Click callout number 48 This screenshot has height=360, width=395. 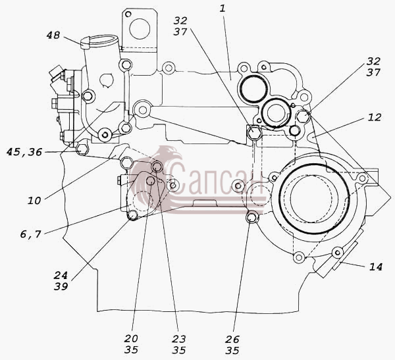(53, 35)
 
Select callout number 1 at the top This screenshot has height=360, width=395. (223, 9)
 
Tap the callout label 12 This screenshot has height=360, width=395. (375, 117)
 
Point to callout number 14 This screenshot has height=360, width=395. (376, 267)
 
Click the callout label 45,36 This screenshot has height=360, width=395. (24, 152)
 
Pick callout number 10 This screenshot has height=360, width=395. (34, 201)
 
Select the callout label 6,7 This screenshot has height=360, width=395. (30, 234)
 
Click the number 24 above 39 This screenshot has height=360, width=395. (61, 275)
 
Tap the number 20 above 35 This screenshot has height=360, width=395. (131, 339)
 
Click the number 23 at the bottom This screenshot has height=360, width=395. (179, 339)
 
